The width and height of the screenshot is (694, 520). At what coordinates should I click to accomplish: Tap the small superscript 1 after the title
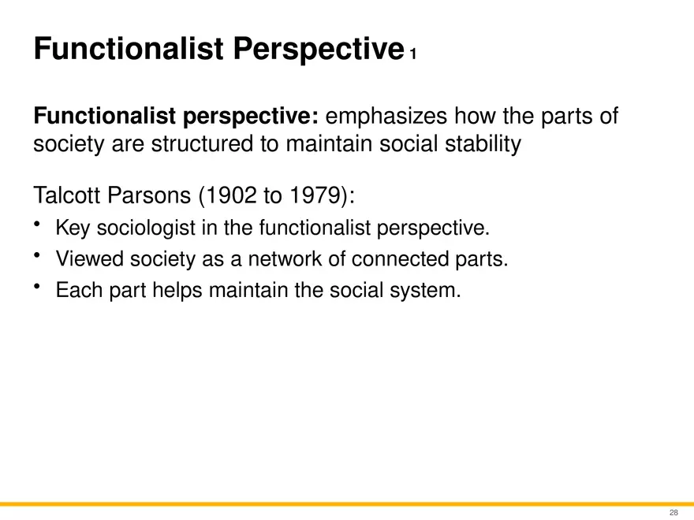click(412, 54)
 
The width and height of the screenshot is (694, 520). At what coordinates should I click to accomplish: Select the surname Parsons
click(151, 195)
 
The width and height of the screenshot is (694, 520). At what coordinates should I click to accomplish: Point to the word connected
click(389, 259)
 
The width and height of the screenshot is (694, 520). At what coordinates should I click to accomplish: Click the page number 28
click(673, 512)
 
